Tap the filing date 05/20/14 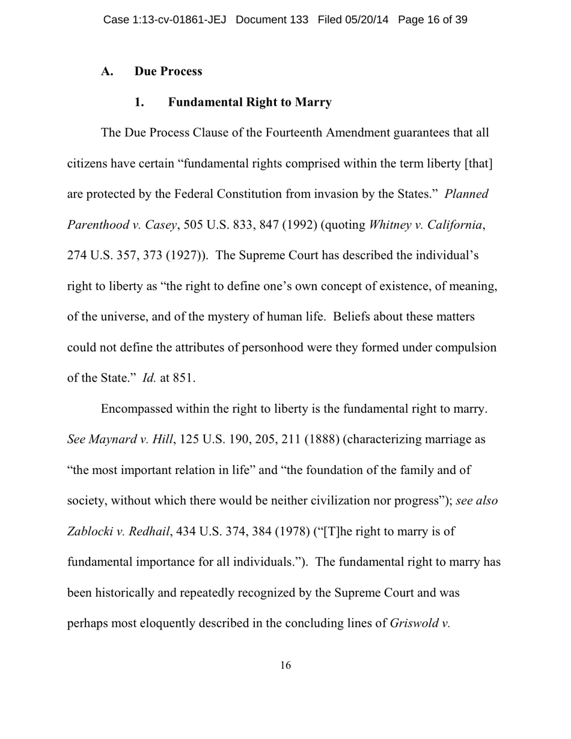[367, 20]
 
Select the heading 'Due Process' [168, 71]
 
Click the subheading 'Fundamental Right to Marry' [249, 102]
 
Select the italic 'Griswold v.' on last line [420, 624]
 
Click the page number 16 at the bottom [285, 665]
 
